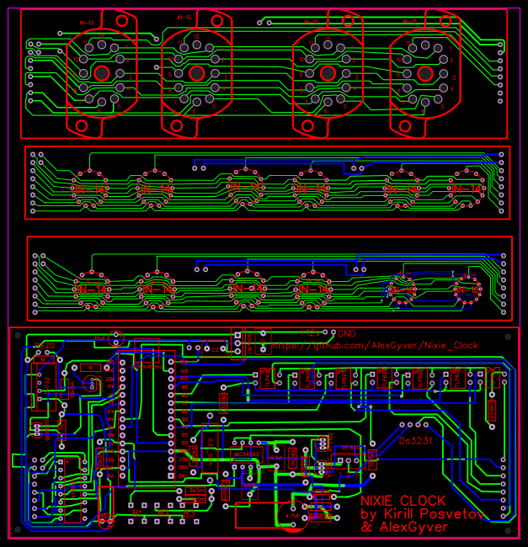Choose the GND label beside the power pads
(x=345, y=332)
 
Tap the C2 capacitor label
(x=214, y=348)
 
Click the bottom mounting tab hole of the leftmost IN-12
(x=83, y=125)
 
